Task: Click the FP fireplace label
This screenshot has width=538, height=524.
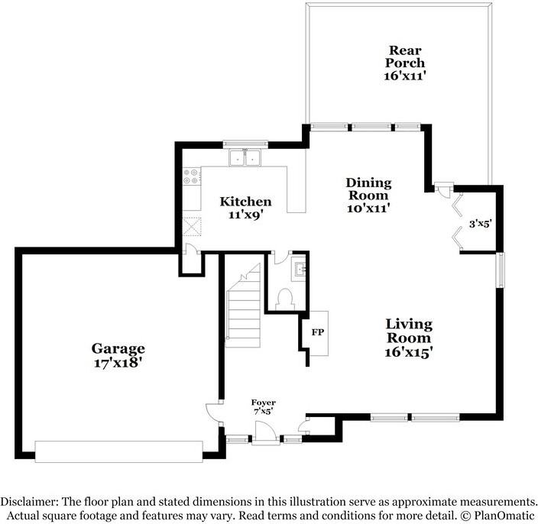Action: coord(316,332)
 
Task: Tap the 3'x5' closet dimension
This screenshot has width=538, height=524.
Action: coord(479,224)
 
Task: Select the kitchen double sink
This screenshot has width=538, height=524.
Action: coord(245,157)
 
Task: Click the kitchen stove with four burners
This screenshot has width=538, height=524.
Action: coord(192,178)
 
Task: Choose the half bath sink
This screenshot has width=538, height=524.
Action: coord(299,268)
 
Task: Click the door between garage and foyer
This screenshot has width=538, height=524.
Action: coord(214,416)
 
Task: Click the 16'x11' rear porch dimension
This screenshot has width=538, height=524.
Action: coord(403,76)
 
